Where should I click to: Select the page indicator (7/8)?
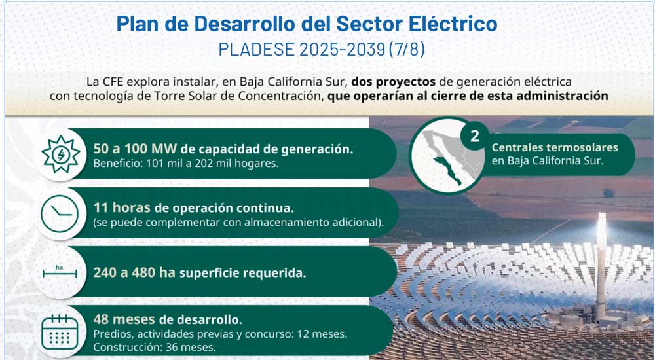tap(407, 49)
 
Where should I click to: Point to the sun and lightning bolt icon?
tap(61, 154)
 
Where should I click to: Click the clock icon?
tap(60, 213)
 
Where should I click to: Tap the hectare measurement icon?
tap(60, 272)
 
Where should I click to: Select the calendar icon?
tap(60, 333)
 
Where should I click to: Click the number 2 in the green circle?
tap(475, 135)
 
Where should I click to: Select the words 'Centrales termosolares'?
tap(555, 147)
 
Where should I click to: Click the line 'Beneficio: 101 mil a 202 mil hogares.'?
tap(186, 163)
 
